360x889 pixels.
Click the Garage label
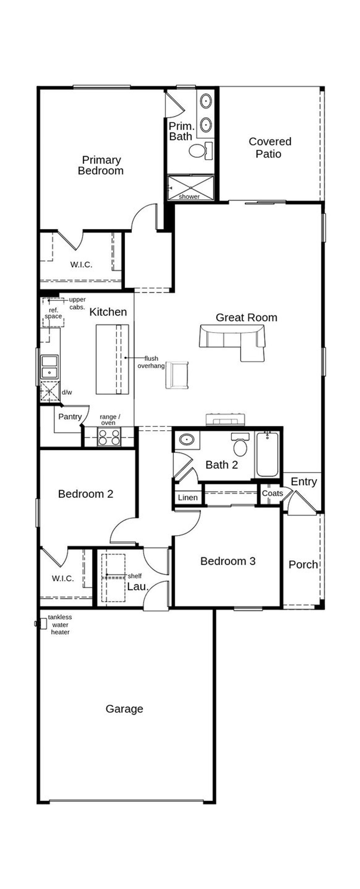124,709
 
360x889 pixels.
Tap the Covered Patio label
269,148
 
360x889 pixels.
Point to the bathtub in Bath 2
267,454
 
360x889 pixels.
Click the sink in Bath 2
187,440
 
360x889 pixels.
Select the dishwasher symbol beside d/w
50,392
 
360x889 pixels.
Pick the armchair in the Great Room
177,375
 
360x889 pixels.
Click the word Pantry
70,417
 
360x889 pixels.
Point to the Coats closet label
272,493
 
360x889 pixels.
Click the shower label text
189,196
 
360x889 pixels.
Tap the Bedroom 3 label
228,561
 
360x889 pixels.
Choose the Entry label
304,481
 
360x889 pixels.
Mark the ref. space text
53,313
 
